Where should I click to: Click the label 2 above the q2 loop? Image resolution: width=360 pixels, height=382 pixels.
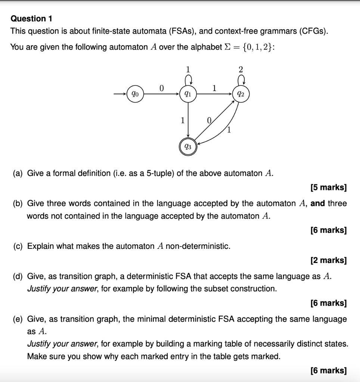pos(240,69)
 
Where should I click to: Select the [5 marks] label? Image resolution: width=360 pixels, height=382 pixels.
pos(328,187)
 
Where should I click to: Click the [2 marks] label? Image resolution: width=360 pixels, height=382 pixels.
pos(328,260)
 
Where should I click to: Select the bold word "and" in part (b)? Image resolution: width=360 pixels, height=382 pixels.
pos(317,204)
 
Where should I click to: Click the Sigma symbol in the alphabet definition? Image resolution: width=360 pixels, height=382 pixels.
pos(226,47)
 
